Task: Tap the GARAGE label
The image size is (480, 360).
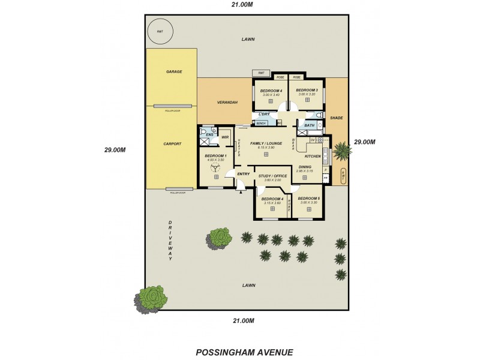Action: point(174,71)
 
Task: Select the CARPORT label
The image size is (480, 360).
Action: point(173,144)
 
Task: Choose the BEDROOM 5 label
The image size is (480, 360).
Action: point(308,198)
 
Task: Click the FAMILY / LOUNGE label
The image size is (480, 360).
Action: point(266,144)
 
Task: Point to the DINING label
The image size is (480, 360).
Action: point(304,167)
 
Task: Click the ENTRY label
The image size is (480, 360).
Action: point(243,174)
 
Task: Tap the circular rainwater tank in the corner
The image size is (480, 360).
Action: point(160,32)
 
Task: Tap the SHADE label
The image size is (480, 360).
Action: point(337,118)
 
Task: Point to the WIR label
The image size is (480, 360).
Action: point(226,137)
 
